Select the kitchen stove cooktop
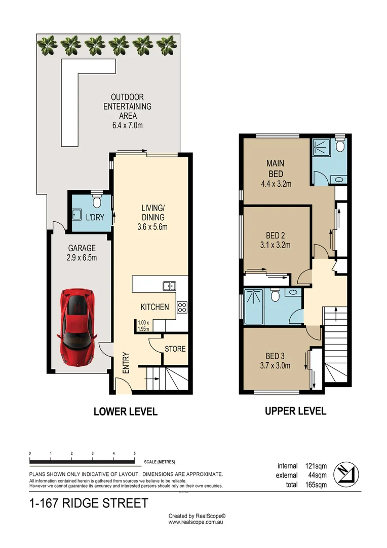click(x=182, y=307)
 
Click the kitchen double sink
click(x=169, y=286)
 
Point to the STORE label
click(x=175, y=349)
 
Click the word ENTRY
click(x=126, y=364)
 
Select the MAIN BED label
click(x=275, y=168)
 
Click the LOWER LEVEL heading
click(x=125, y=412)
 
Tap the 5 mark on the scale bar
click(x=134, y=453)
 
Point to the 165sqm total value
click(x=316, y=485)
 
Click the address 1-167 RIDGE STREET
click(x=89, y=503)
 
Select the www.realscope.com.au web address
click(x=196, y=522)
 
